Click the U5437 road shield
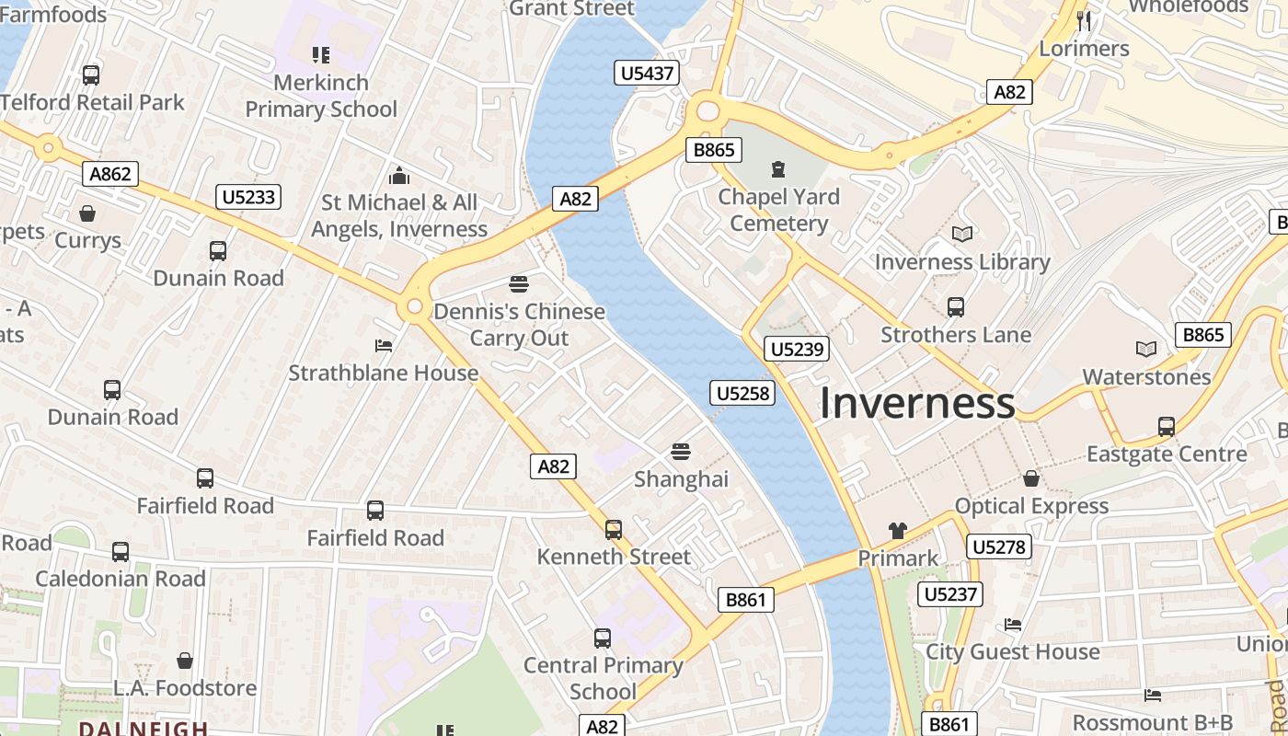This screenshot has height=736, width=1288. coord(647,73)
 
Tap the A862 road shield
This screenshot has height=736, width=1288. coord(110,174)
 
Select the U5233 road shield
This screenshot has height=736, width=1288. coord(248,196)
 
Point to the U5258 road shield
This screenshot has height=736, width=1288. coord(742,394)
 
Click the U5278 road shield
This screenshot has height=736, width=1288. coord(998,547)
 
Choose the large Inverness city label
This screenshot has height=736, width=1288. coord(917,403)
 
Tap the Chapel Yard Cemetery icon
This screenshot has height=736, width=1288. coord(778,168)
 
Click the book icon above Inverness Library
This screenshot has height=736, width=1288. coord(961,235)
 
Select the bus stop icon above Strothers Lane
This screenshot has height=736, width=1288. coord(956,306)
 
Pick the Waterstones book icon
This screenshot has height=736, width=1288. coord(1145,349)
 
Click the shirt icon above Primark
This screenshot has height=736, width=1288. coord(897,531)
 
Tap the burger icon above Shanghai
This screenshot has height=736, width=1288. coord(681,451)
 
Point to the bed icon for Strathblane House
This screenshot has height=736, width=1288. coord(384,346)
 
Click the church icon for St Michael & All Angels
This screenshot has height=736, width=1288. coord(399,175)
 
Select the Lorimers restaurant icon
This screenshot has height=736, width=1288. coord(1084,20)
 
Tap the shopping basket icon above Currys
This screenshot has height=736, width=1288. coord(87,213)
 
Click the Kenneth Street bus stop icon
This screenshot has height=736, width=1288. coord(614,529)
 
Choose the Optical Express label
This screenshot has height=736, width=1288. coord(1031,506)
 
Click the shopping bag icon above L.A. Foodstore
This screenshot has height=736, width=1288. coord(185,661)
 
